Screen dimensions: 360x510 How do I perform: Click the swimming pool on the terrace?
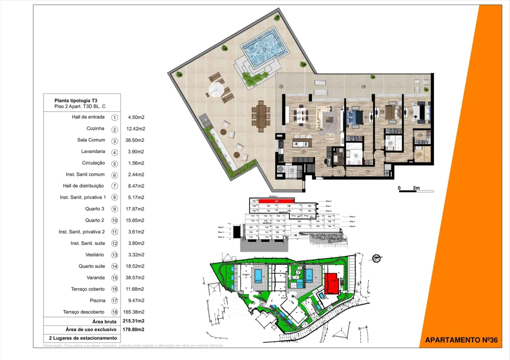[261, 49]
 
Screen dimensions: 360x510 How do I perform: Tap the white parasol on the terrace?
[216, 90]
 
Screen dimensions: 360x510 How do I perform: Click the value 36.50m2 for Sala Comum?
[136, 140]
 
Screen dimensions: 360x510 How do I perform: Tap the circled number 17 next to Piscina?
[114, 301]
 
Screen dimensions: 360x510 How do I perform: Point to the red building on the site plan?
[331, 283]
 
